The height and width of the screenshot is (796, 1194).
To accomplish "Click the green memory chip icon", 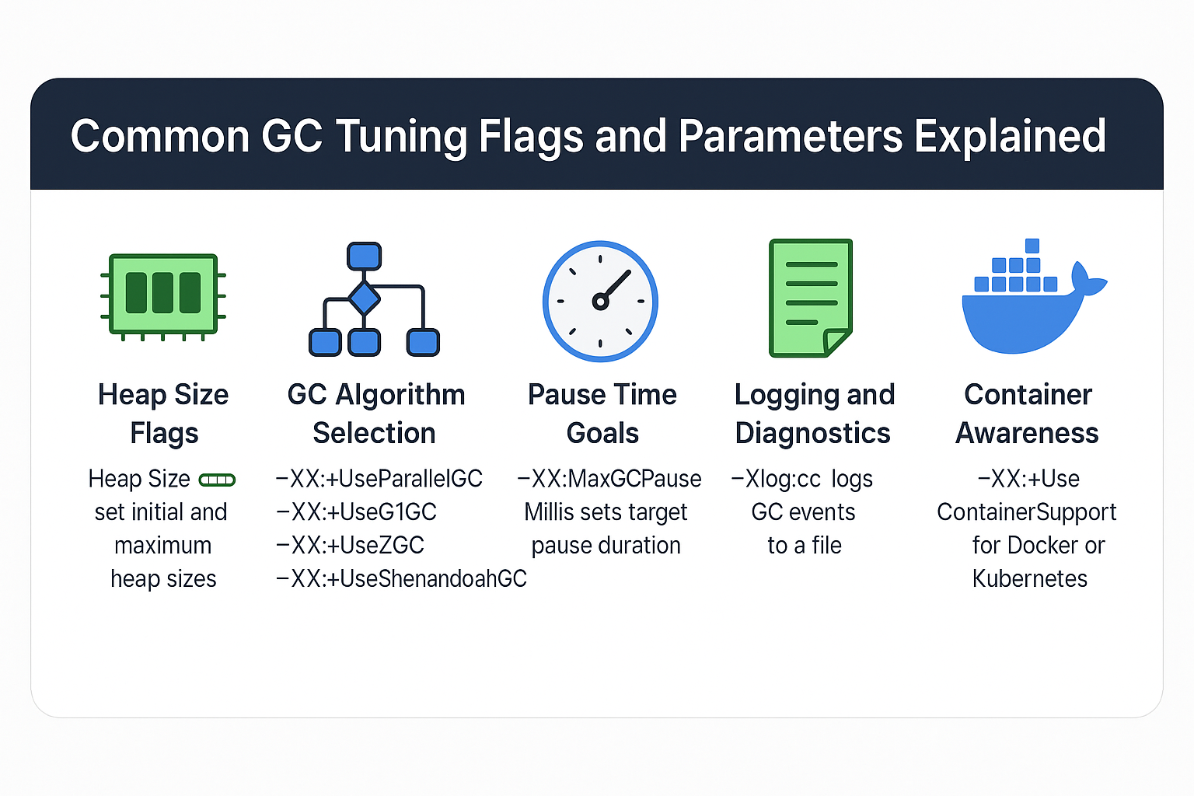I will (x=163, y=294).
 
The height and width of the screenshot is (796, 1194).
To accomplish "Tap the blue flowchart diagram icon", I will (x=374, y=300).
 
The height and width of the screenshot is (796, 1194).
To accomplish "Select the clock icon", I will (x=600, y=301).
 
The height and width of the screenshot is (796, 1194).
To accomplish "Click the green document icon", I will (x=811, y=298).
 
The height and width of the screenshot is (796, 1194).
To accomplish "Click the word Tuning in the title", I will (x=401, y=136).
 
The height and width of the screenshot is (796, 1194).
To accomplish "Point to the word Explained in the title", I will (x=1010, y=136).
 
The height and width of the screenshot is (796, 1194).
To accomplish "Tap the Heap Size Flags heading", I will (x=163, y=414).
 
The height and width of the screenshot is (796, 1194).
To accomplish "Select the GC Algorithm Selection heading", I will (x=375, y=414).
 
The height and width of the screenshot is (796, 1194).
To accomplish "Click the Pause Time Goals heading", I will (x=602, y=414).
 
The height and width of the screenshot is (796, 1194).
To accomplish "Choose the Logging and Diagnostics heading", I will (x=814, y=414).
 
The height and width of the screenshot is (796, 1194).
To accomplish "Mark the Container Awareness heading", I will (x=1028, y=414).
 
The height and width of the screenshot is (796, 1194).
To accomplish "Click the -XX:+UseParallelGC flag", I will (x=379, y=479).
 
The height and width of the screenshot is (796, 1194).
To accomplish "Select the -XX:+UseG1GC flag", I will (x=356, y=512).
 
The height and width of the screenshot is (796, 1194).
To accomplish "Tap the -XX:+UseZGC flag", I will (x=350, y=546).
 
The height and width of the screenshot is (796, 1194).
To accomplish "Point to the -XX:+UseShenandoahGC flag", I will (x=401, y=579).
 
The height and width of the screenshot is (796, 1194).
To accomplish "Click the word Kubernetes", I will (x=1029, y=579).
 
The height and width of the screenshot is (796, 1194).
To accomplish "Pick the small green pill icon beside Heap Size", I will (x=217, y=480).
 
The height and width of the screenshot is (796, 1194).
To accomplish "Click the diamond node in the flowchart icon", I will (x=364, y=298).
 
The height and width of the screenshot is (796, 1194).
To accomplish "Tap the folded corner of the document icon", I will (x=836, y=341).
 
